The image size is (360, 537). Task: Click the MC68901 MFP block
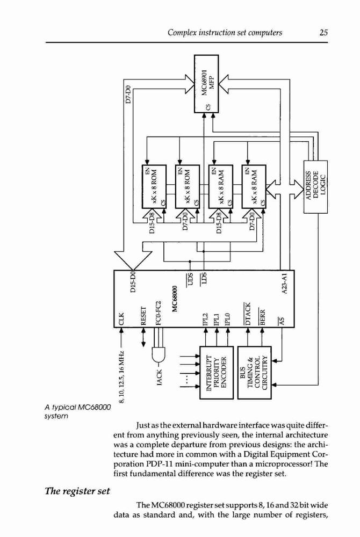(x=206, y=84)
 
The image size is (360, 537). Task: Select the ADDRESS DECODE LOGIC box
(x=315, y=186)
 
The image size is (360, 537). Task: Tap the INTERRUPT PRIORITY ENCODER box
(x=217, y=372)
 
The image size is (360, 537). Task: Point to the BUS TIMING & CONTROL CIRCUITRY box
(x=255, y=372)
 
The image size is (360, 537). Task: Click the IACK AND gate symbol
(x=158, y=355)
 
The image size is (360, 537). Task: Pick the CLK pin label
(x=121, y=318)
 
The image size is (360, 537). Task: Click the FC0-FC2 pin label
(x=158, y=313)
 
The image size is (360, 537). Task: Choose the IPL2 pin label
(x=205, y=318)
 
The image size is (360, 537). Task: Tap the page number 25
(x=323, y=33)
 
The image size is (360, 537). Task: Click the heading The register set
(x=77, y=491)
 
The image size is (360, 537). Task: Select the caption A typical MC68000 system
(x=78, y=412)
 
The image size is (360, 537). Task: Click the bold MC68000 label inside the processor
(x=175, y=299)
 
